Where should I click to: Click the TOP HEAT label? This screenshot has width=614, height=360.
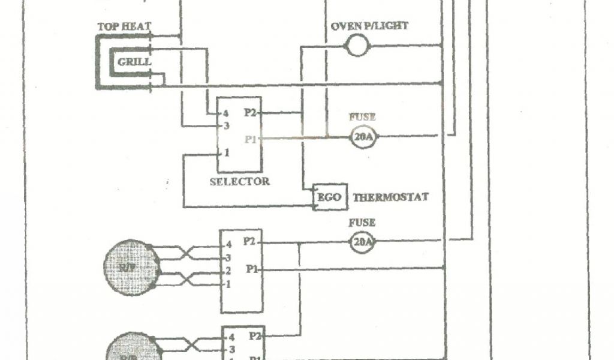point(124,26)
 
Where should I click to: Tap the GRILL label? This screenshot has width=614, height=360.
point(134,62)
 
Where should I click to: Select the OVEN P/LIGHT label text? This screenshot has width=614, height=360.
point(369,26)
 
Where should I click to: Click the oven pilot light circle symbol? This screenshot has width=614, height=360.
point(358,45)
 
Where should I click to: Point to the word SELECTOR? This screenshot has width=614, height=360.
point(239,181)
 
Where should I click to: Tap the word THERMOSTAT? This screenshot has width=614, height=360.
point(390,197)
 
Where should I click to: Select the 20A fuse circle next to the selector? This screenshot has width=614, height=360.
point(363,137)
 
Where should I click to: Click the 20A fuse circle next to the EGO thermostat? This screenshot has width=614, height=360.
point(362,242)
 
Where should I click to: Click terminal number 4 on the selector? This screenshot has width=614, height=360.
point(226,113)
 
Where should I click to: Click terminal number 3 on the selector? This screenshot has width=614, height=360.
point(226,125)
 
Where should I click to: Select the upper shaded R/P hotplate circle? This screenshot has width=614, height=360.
point(132,268)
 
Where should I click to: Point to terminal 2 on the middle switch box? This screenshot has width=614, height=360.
point(228,271)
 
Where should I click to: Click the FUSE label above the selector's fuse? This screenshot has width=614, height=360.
point(362,117)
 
